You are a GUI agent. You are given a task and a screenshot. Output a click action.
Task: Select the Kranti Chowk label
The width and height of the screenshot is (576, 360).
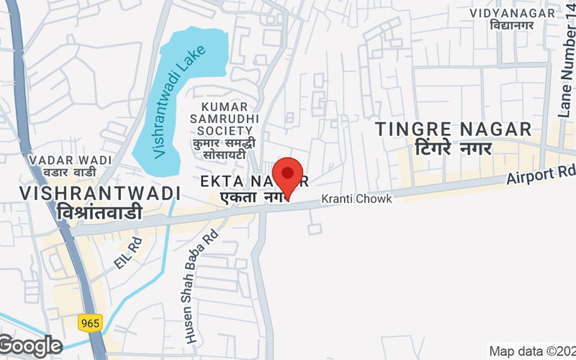click(x=356, y=198)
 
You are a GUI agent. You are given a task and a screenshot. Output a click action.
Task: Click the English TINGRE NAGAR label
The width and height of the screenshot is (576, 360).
click(x=454, y=130)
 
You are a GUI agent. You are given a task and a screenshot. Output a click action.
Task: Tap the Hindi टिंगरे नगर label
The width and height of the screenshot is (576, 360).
click(x=453, y=149)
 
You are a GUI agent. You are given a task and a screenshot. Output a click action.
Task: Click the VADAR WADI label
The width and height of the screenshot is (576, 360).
click(x=71, y=159)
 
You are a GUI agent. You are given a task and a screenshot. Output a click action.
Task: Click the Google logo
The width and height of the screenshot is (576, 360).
click(x=31, y=346)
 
